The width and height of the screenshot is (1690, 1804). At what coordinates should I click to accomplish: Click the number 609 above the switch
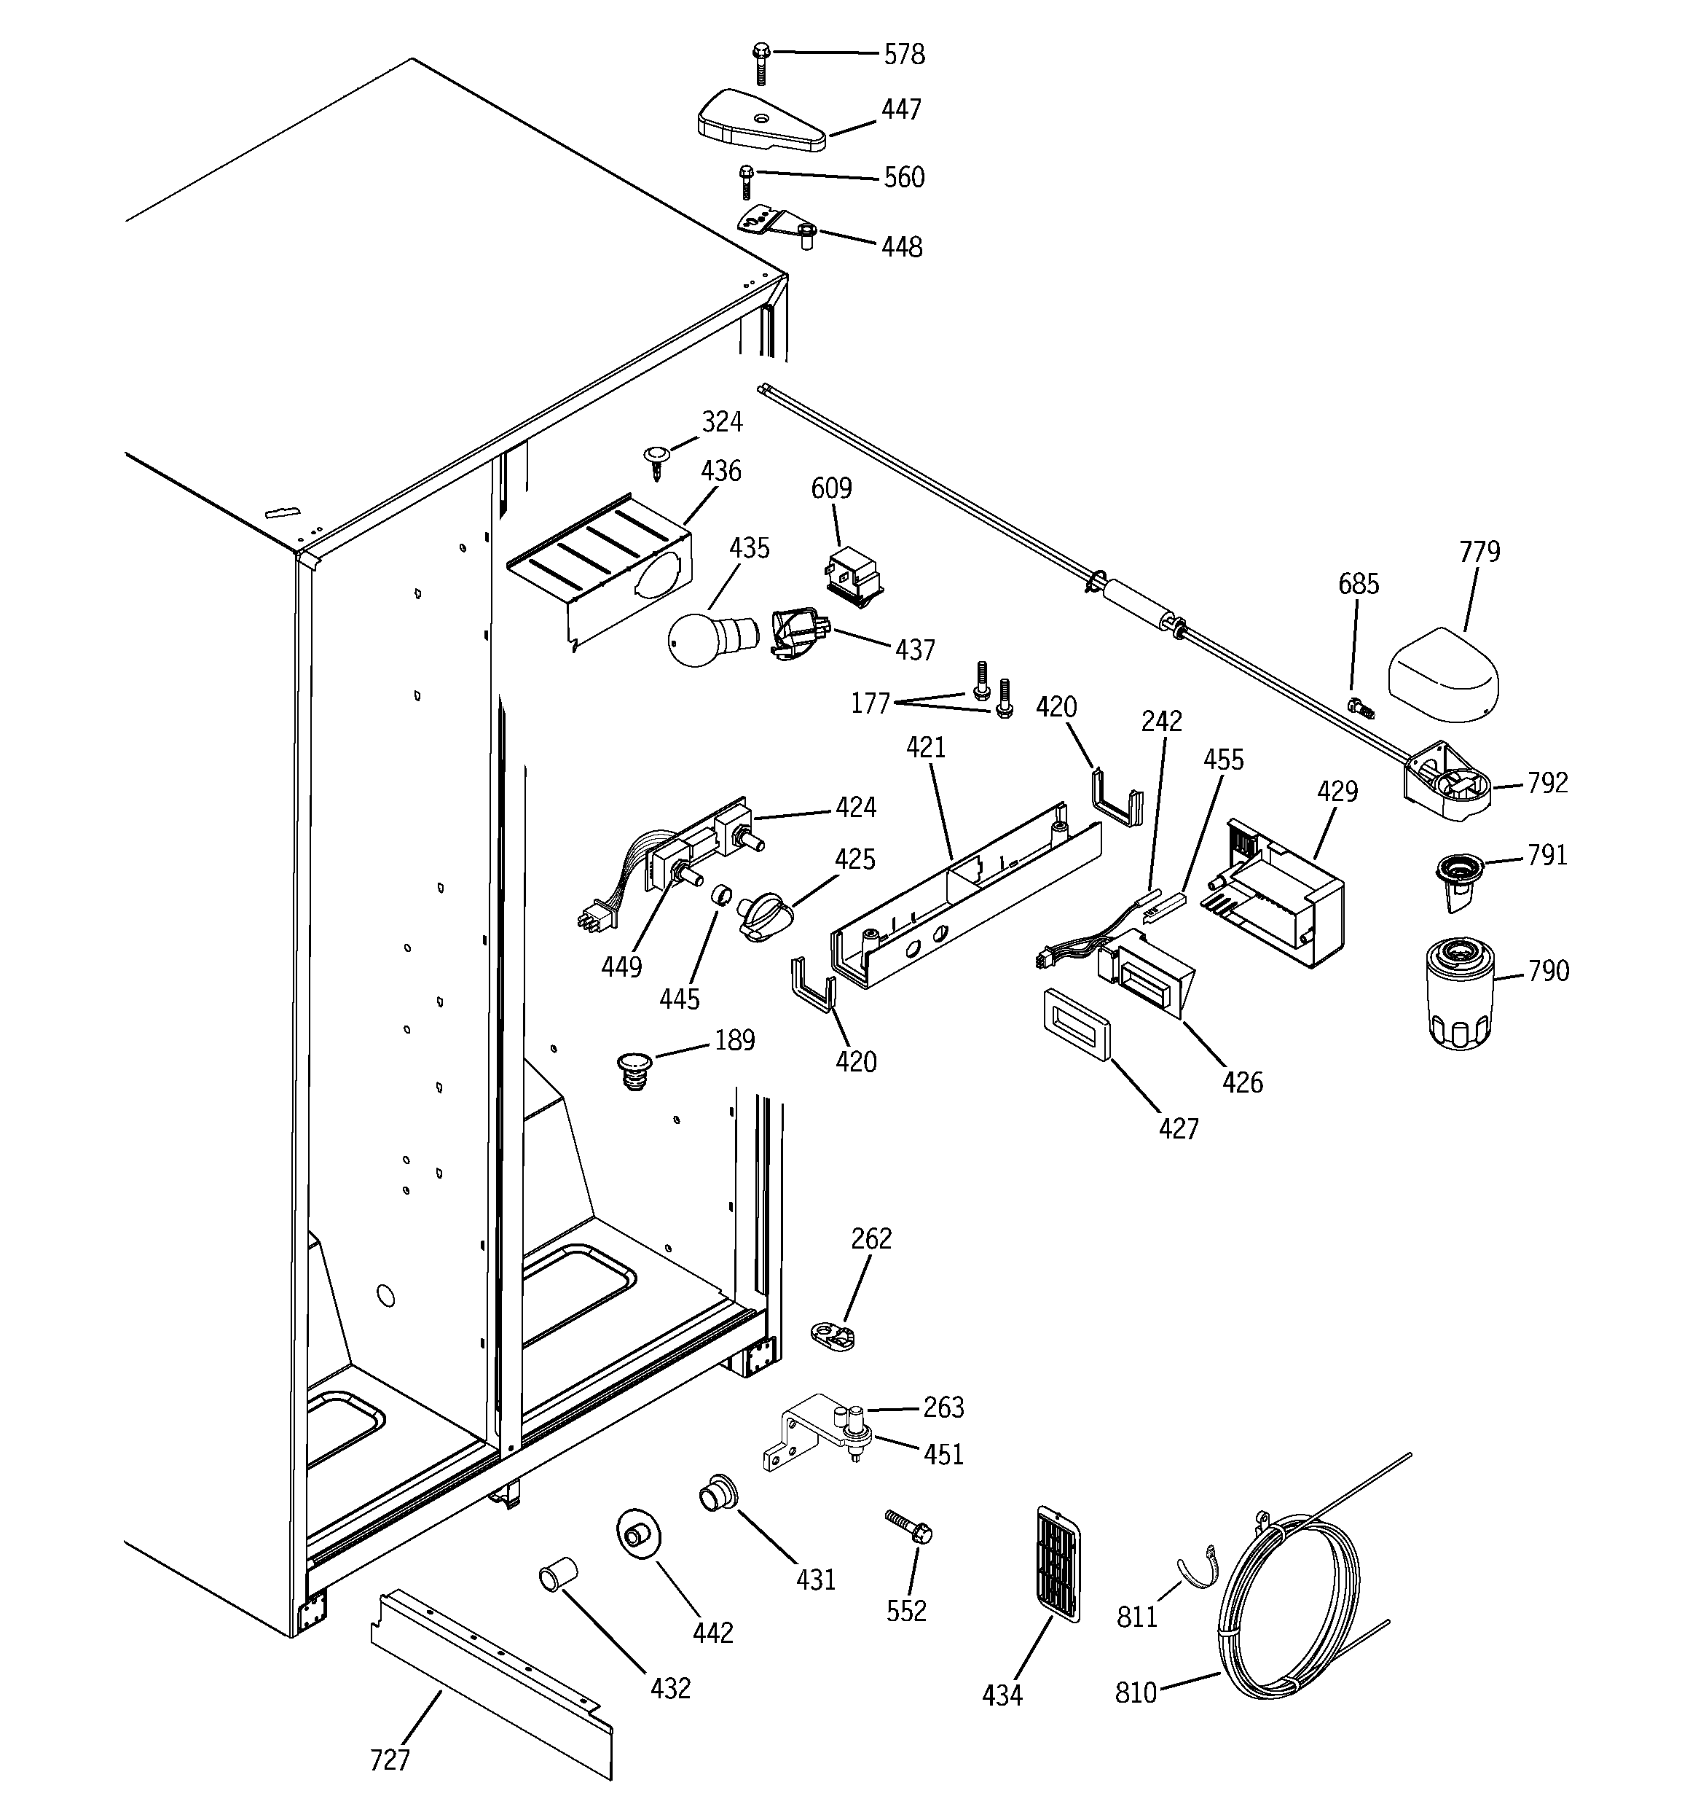(x=831, y=488)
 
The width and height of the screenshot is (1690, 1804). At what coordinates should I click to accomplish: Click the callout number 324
(x=722, y=421)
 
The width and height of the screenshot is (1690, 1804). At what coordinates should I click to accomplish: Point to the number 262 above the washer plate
(x=870, y=1238)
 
